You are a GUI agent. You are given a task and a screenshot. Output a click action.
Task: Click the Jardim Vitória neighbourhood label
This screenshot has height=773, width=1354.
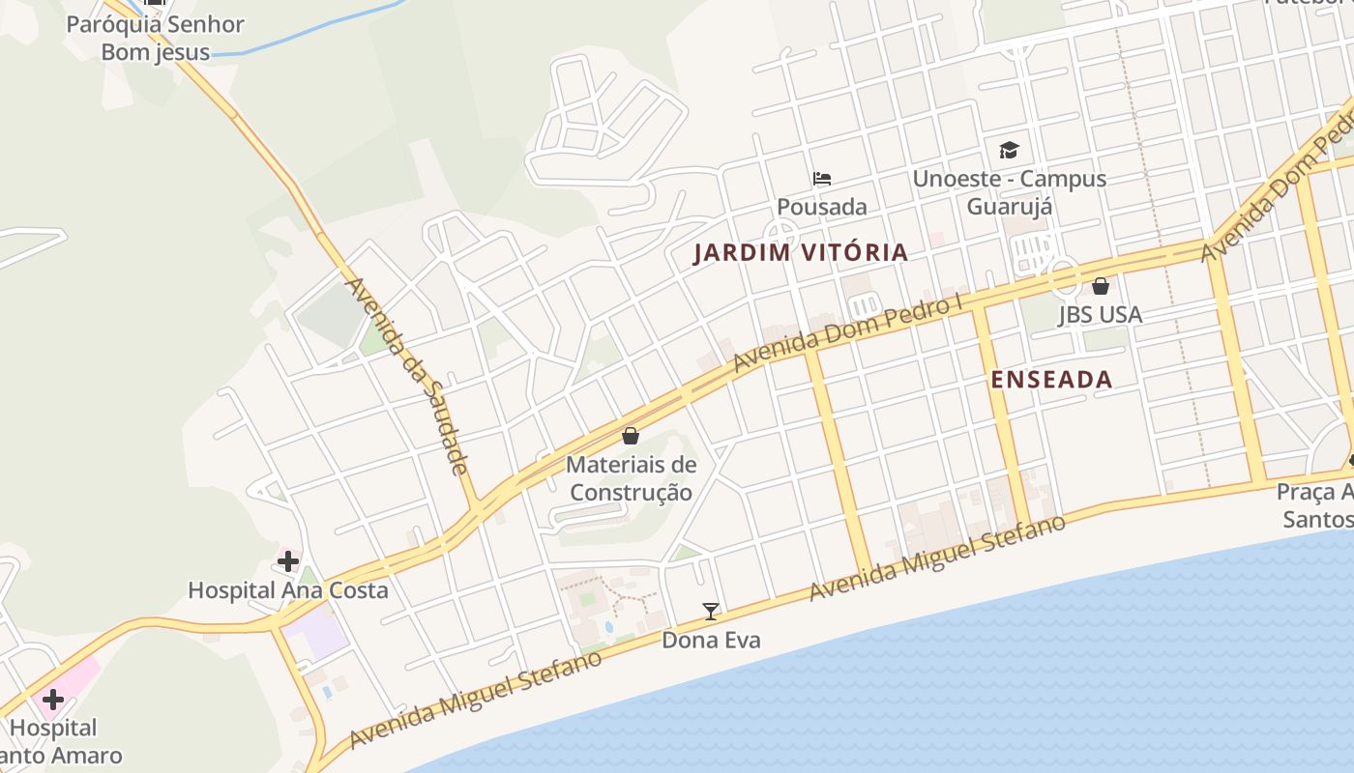tap(801, 253)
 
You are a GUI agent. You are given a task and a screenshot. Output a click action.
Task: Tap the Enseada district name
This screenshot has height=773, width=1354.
tap(1051, 380)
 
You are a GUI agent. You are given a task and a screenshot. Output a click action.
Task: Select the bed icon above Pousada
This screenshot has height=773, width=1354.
tap(822, 179)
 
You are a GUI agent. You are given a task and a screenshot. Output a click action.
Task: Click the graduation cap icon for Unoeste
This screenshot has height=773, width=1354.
tap(1009, 150)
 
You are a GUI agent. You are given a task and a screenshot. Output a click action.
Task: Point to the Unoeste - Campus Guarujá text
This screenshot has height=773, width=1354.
tap(1009, 192)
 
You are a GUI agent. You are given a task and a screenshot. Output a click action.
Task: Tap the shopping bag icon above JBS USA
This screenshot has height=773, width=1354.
tap(1100, 286)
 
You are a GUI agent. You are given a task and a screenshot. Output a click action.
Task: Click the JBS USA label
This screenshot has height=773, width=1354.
tap(1100, 314)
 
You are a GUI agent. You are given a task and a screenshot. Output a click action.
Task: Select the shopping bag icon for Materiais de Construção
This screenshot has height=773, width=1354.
tap(631, 436)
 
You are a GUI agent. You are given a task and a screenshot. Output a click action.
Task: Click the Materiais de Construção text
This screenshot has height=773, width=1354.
tap(631, 478)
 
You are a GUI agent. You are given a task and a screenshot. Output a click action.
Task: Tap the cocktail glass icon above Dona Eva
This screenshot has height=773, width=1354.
tap(711, 611)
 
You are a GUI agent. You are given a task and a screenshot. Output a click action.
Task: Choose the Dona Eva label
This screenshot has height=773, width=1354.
tap(711, 640)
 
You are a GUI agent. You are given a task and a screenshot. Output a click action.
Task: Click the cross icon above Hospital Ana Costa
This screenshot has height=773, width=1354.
tap(287, 561)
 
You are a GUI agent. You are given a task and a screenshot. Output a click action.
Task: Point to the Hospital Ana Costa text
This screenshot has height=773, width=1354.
tap(287, 590)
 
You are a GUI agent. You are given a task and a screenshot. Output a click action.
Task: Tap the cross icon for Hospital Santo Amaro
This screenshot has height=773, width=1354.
tap(53, 699)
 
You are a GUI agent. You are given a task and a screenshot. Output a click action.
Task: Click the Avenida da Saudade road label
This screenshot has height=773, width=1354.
tap(407, 376)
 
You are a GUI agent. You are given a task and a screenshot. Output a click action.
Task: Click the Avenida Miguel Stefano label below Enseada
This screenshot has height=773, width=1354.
tap(937, 558)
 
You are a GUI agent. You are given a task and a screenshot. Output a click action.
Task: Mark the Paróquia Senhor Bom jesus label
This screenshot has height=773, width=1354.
tap(155, 38)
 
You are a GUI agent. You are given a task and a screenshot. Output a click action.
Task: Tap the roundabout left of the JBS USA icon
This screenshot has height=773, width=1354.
tap(1063, 276)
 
